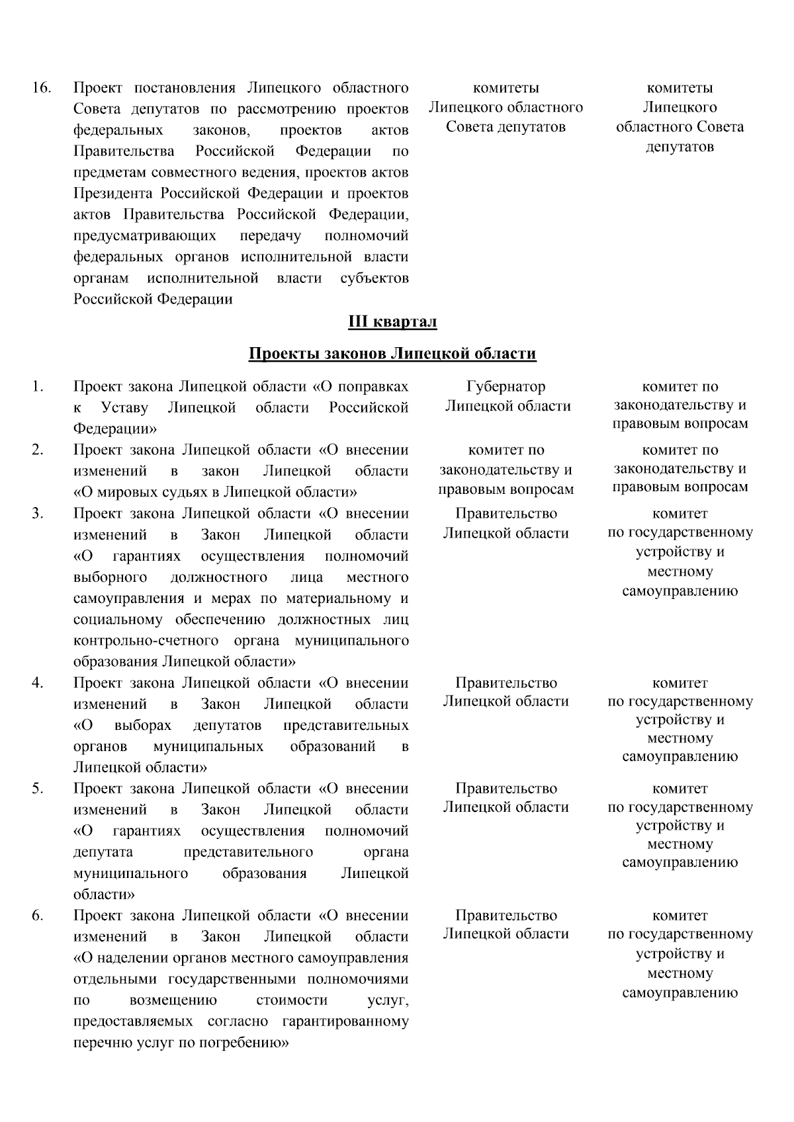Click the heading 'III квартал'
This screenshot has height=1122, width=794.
pos(392,322)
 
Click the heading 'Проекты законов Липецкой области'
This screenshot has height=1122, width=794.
pos(392,354)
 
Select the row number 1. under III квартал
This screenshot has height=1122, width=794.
pos(37,387)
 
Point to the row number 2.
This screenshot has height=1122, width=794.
pos(38,450)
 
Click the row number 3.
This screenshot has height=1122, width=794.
pos(38,514)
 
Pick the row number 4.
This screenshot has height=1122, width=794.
pos(38,683)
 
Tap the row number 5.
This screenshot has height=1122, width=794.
pos(38,789)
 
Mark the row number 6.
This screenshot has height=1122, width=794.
pos(38,916)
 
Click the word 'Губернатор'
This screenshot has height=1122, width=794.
pos(506,387)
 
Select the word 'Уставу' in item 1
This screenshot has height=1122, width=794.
pos(125,408)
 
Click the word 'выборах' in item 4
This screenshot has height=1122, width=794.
pos(142,725)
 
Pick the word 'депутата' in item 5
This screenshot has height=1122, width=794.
pos(103,852)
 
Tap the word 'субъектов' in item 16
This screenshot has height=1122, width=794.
pos(374,278)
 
